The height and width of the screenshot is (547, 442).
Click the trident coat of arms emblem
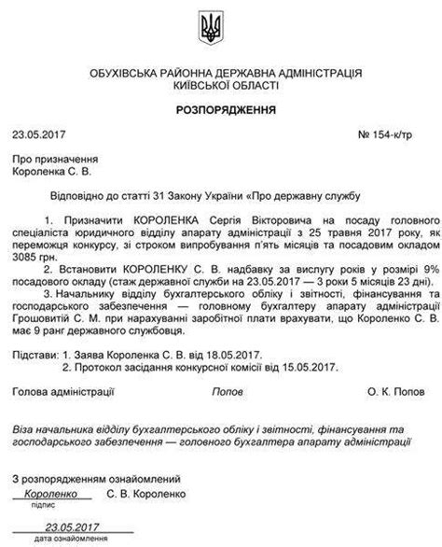click(220, 26)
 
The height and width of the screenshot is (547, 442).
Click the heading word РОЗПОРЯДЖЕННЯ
click(220, 108)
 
